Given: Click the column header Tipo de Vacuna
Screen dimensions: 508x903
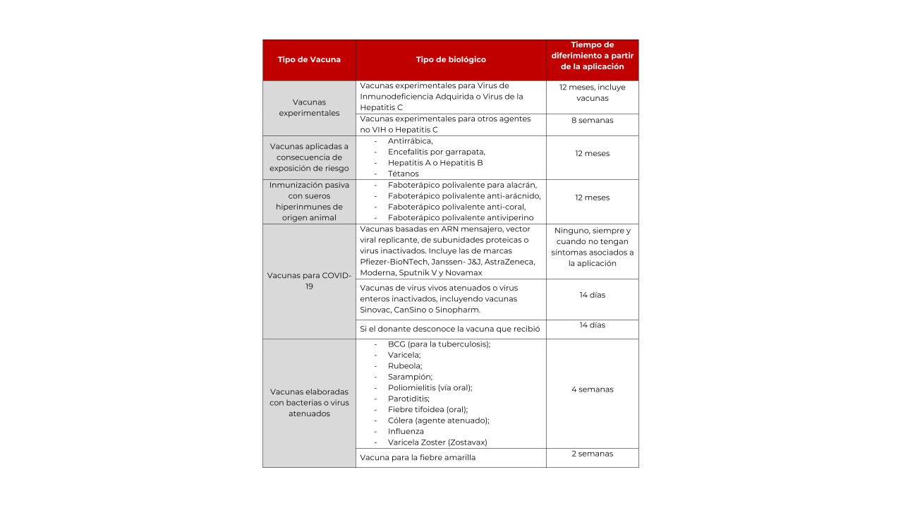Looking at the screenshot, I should click(309, 60).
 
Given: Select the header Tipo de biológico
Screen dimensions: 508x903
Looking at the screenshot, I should click(451, 60).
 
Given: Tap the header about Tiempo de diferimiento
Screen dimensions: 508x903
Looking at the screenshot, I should click(592, 56).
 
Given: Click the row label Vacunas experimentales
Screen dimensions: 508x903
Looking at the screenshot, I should click(309, 107).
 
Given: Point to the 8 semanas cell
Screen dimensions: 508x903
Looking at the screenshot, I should click(592, 121).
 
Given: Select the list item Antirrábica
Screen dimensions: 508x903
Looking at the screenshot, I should click(410, 141).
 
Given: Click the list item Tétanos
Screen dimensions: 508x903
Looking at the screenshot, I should click(403, 174).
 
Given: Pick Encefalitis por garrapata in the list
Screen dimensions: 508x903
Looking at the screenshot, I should click(436, 152).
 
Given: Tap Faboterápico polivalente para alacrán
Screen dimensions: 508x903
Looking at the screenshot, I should click(462, 185).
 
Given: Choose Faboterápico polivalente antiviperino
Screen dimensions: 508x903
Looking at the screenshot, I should click(460, 218).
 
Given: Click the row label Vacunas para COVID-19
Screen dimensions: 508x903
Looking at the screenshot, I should click(309, 281).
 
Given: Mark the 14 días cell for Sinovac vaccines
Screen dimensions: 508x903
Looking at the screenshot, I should click(592, 295).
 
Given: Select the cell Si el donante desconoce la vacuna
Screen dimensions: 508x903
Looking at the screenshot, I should click(449, 329).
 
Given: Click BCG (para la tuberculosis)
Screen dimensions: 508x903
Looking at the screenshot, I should click(438, 344).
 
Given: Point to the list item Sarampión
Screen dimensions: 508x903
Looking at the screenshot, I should click(410, 377).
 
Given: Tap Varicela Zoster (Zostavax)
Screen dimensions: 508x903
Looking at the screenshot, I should click(437, 442).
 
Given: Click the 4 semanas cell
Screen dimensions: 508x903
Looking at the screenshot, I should click(592, 389).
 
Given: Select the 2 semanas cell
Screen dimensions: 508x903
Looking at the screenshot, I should click(592, 454).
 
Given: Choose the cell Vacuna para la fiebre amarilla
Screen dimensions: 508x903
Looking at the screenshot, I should click(418, 458).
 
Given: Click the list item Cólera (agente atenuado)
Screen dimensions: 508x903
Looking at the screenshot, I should click(438, 421).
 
